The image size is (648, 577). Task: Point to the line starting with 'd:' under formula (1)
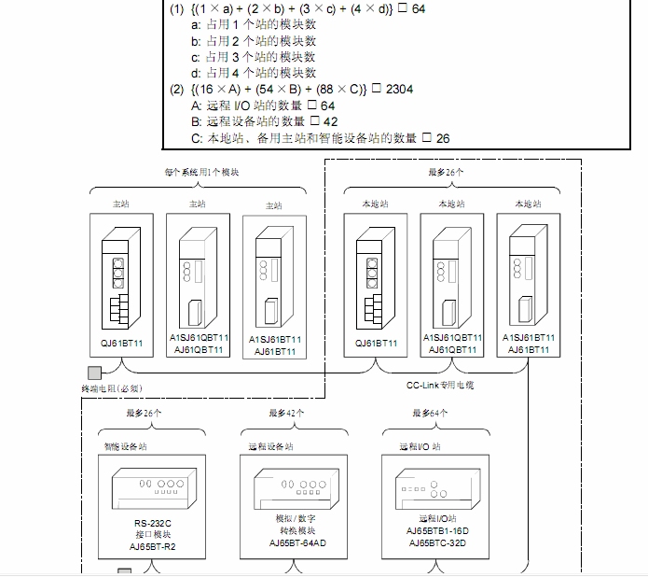tap(254, 72)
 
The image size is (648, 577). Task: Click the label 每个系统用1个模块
tap(196, 172)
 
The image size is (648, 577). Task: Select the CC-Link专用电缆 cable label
tap(439, 384)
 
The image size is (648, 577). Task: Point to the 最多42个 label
tap(287, 412)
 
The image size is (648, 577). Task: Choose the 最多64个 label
tap(430, 412)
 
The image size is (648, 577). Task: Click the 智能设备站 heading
tap(126, 446)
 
